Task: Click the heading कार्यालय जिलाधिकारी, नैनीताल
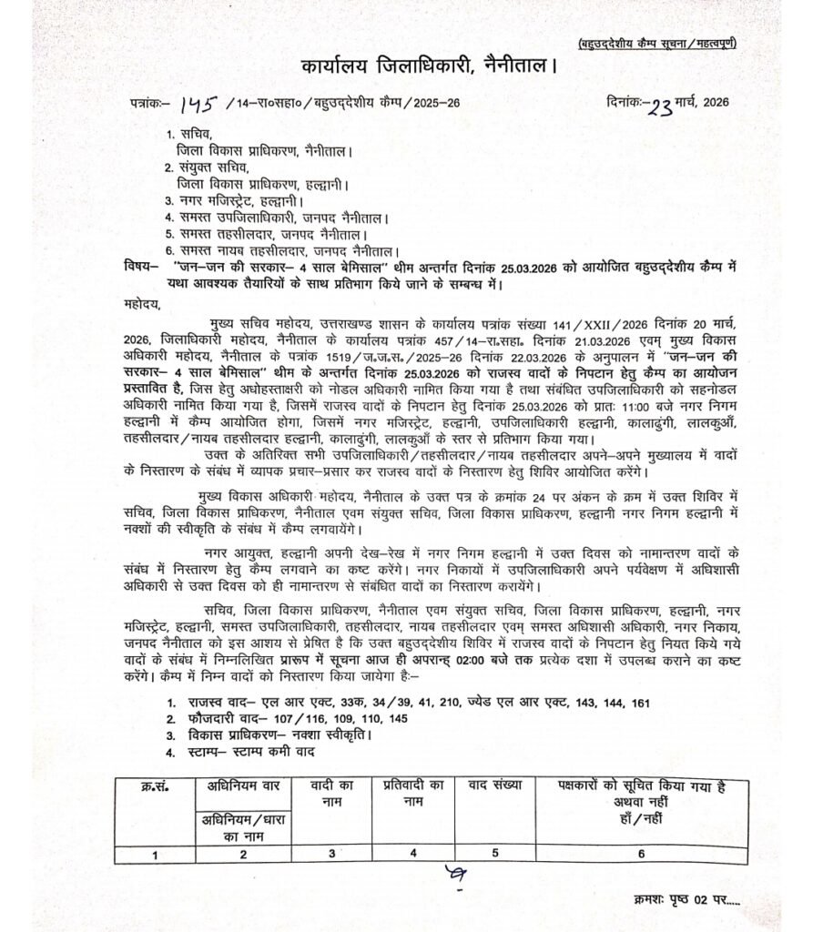pos(427,67)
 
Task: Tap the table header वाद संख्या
pos(492,784)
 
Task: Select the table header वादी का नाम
pos(330,792)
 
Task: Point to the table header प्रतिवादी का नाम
pos(413,792)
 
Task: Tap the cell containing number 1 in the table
pos(155,854)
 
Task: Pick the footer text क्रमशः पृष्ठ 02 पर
pos(682,898)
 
